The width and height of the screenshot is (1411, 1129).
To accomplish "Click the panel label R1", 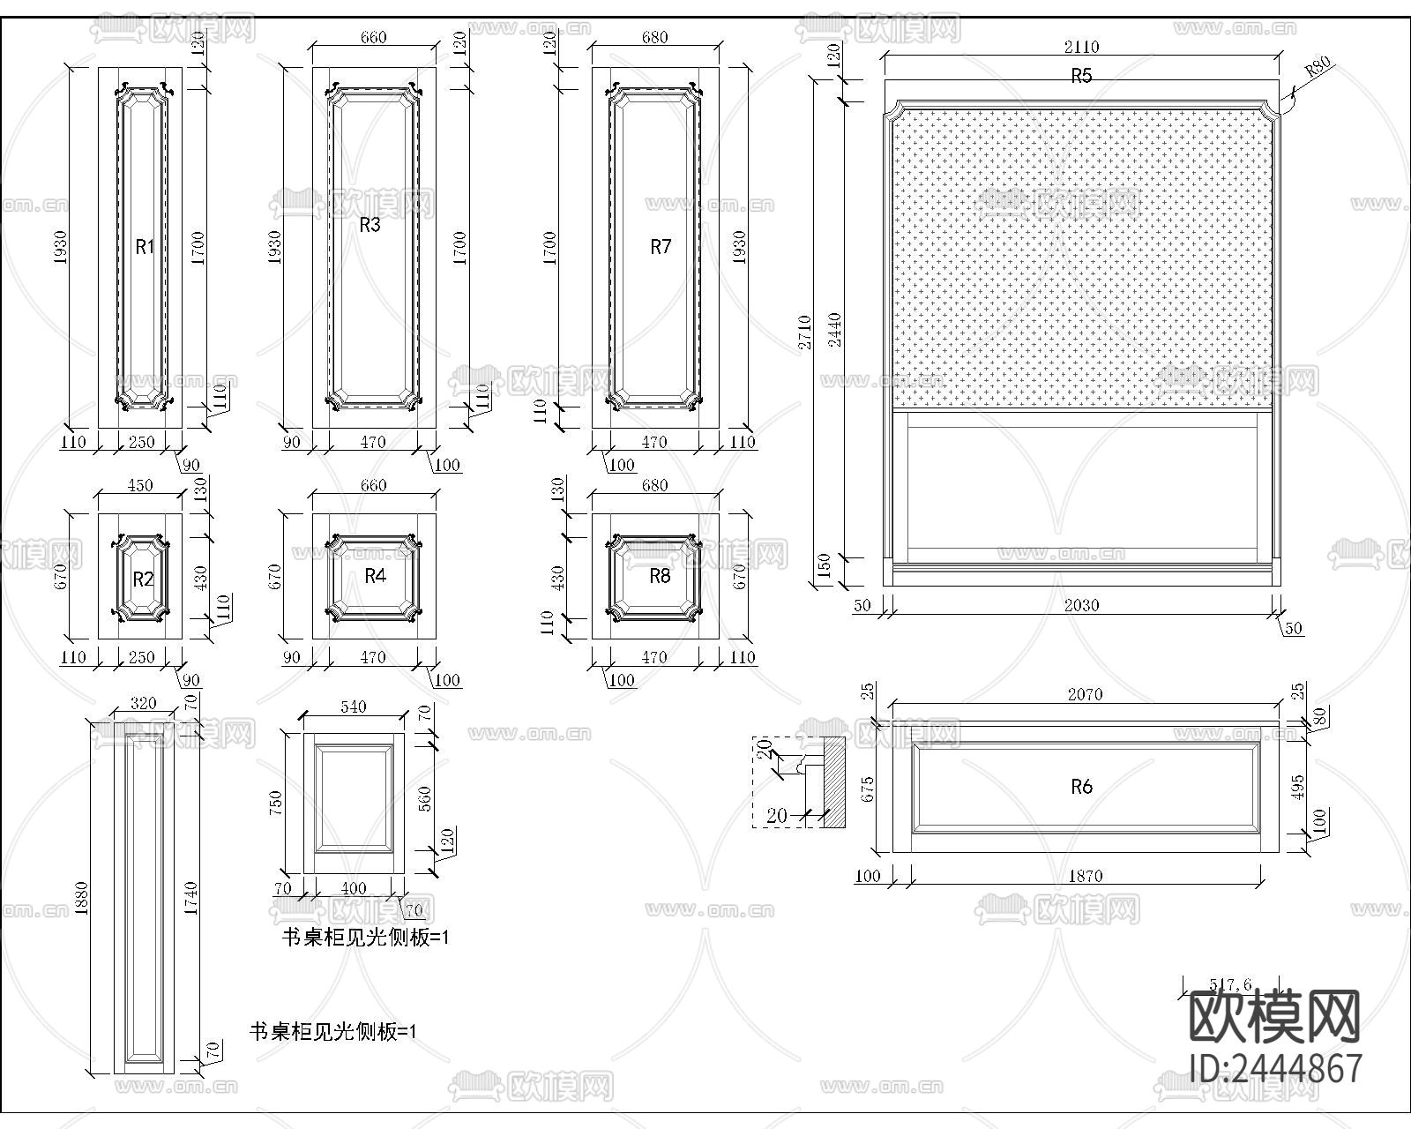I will coord(145,247).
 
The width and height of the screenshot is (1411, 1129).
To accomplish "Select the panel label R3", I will coord(370,225).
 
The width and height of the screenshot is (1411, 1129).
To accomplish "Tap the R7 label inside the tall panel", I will coord(661,247).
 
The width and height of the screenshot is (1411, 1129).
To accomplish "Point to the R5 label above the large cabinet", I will coord(1081,76).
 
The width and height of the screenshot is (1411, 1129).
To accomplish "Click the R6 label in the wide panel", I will coord(1081,786).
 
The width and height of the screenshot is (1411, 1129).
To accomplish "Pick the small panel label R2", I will coord(143,579).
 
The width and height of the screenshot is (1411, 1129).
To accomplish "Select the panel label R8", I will coord(660,576).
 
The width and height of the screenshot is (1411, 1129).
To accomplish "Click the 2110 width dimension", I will coord(1081,47).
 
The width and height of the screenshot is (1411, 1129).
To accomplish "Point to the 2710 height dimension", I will coord(804,332).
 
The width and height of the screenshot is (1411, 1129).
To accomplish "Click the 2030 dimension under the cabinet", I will coord(1081,605).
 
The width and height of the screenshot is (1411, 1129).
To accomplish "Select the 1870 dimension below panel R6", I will coord(1086,876).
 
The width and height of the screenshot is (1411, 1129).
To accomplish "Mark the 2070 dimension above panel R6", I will coord(1085,694).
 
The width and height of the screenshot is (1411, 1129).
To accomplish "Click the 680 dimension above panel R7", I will coord(654,37).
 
